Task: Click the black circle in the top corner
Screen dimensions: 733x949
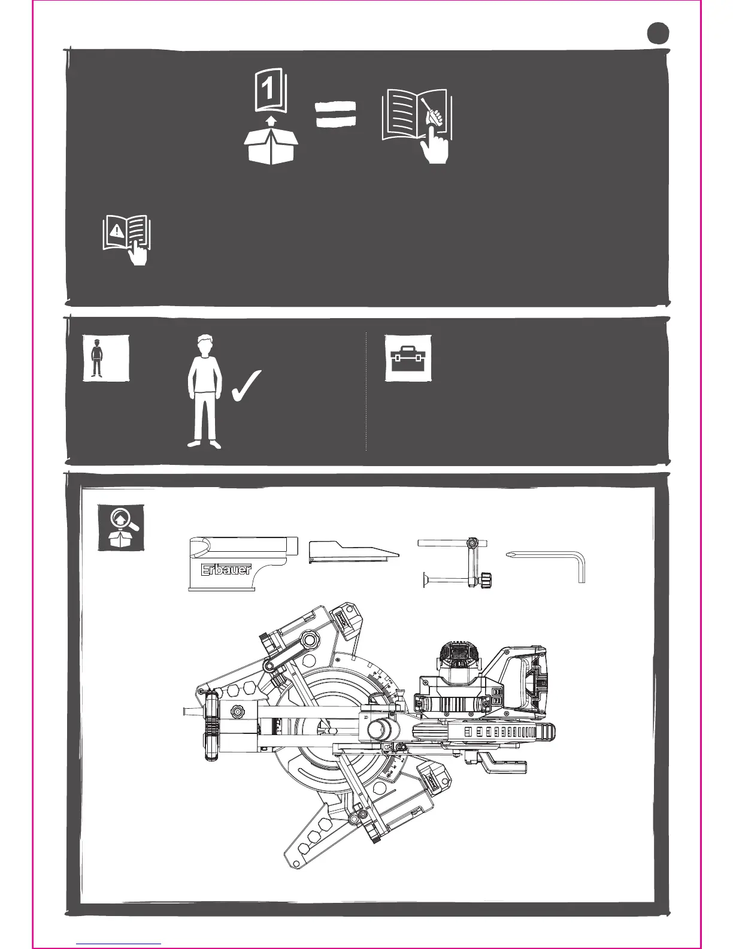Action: coord(658,33)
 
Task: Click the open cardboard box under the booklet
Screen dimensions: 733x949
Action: coord(271,144)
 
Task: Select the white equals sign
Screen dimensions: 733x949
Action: coord(336,113)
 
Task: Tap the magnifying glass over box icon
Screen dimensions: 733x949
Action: coord(122,527)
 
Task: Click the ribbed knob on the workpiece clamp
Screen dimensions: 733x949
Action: coord(487,580)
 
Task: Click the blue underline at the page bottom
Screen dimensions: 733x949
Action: coord(119,944)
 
